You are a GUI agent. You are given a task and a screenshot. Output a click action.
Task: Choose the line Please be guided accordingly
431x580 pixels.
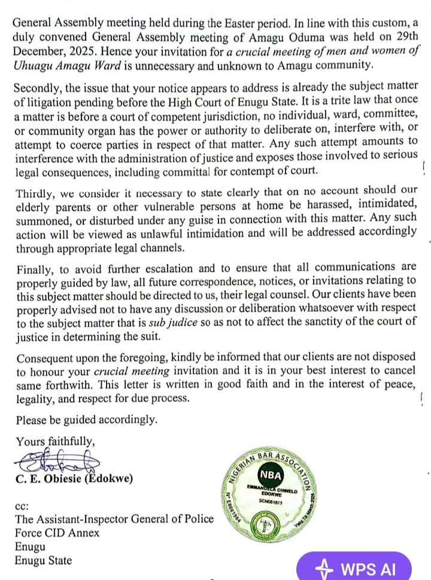(x=87, y=420)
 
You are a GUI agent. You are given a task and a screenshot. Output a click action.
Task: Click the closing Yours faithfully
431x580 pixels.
(x=55, y=441)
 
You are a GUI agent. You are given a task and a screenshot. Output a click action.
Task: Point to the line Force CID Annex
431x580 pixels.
(x=57, y=533)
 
